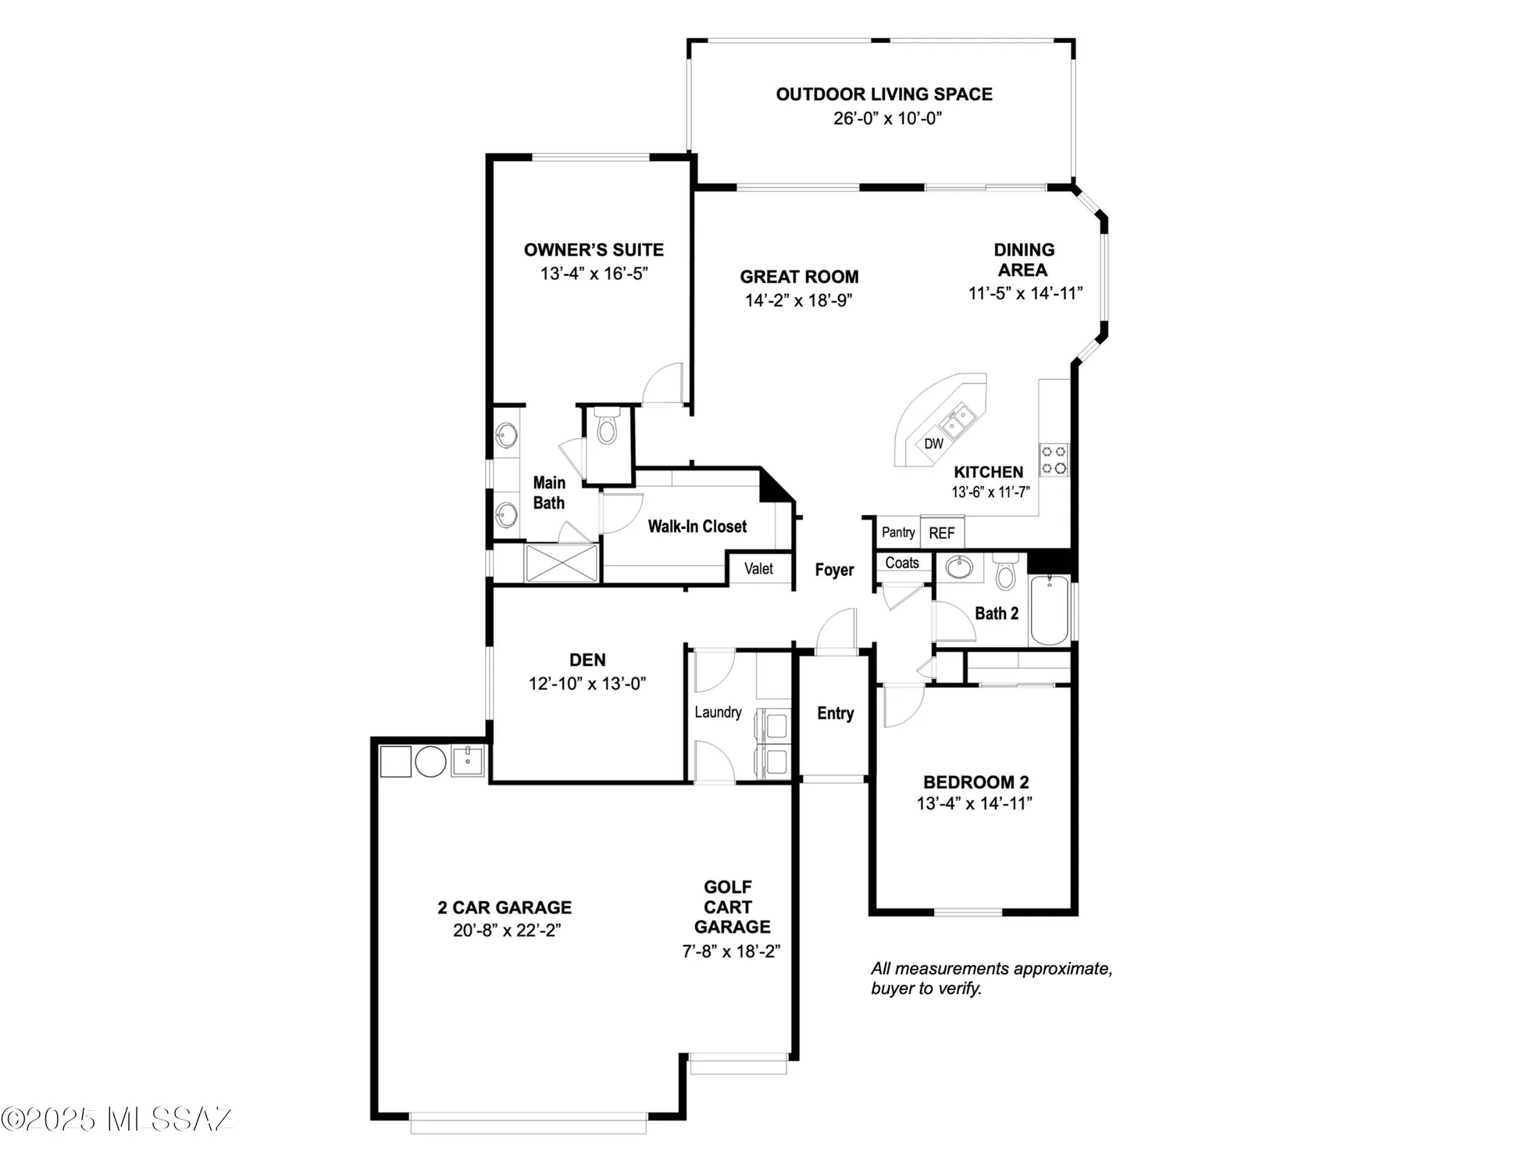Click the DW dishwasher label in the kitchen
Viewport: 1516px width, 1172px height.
933,444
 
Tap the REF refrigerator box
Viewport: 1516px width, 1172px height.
941,533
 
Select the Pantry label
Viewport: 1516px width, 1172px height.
898,532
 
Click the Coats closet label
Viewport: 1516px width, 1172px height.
902,563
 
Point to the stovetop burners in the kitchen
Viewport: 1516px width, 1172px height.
1054,459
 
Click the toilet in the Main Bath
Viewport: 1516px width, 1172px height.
607,429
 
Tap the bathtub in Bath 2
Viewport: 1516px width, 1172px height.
1050,609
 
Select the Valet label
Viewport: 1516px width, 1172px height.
758,569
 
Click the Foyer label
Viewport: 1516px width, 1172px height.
834,570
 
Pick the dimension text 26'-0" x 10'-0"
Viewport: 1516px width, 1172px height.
887,119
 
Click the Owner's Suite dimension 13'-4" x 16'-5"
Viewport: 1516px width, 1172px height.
594,273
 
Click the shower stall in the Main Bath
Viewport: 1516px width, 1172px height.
561,563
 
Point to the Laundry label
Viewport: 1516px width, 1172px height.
718,712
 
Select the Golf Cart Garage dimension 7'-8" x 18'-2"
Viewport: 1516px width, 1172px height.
731,951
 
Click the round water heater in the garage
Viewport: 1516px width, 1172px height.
430,761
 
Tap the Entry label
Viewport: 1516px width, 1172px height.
835,713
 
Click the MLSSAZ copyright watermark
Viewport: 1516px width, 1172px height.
117,1119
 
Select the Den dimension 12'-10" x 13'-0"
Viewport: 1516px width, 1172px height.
587,684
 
